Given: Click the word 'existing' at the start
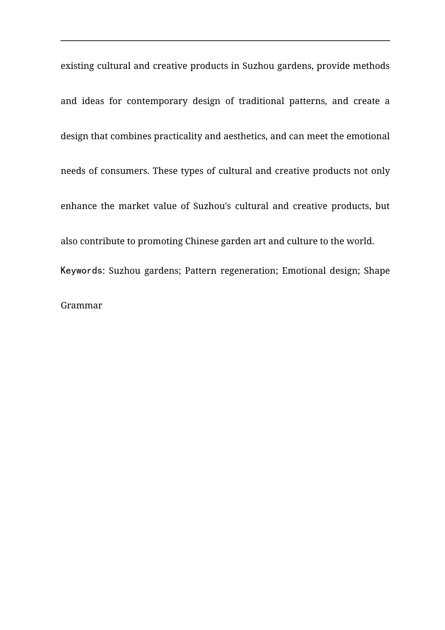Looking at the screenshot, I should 77,66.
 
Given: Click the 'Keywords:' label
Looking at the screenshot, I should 82,271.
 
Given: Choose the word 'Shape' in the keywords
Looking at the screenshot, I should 377,271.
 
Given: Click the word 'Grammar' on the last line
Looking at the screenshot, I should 82,306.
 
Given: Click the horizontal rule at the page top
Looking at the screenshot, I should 225,41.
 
